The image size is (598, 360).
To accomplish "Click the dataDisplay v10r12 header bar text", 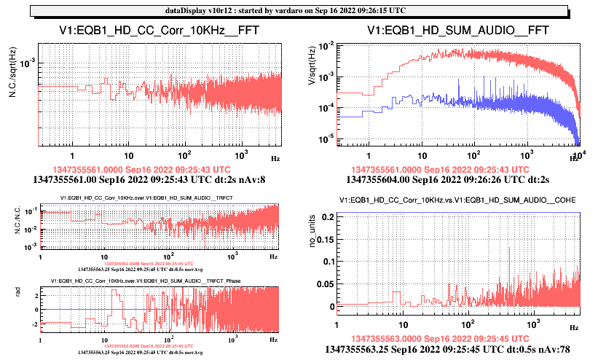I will click(299, 10).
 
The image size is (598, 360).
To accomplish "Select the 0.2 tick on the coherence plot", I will click(326, 218).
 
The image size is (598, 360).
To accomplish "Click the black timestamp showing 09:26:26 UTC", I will click(447, 177).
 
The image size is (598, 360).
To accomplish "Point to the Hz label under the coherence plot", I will click(574, 328).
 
